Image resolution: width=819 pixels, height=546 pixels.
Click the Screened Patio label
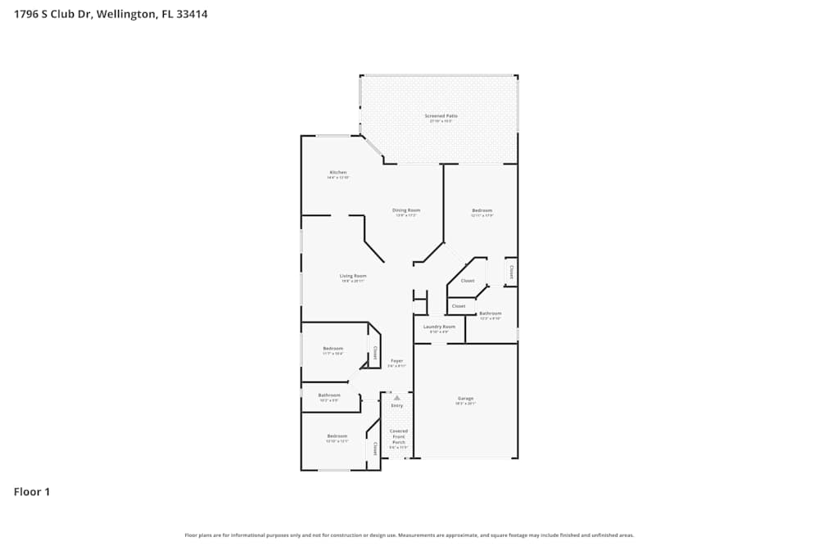pos(441,116)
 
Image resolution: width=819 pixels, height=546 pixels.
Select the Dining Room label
pos(406,210)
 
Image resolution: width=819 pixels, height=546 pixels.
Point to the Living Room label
pos(353,276)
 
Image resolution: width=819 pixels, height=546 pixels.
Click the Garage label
pos(465,399)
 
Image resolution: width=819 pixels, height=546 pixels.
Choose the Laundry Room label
pos(439,327)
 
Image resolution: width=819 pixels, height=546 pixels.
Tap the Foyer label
pos(396,361)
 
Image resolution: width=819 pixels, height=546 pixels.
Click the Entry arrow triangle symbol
pos(396,398)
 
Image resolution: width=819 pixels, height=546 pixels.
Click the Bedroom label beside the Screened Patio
pos(482,211)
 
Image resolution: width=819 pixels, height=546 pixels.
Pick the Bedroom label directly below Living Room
pos(333,349)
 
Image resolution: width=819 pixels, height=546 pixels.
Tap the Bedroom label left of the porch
pos(337,436)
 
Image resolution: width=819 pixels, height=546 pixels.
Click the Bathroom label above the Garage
pos(490,314)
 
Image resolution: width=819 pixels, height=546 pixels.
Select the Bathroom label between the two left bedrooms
pos(328,395)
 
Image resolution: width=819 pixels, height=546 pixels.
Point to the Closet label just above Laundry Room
pos(459,306)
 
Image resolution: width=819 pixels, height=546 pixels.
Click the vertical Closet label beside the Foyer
pos(375,353)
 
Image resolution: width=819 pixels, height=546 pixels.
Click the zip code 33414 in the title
pos(191,14)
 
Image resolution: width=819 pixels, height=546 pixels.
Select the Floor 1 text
pos(32,492)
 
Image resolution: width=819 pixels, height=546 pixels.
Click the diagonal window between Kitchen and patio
pos(373,147)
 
